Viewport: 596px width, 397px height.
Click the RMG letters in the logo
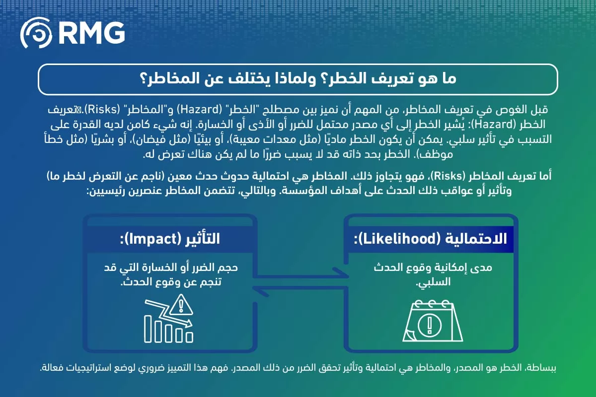(x=91, y=33)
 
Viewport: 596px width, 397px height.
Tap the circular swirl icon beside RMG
(x=37, y=33)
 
